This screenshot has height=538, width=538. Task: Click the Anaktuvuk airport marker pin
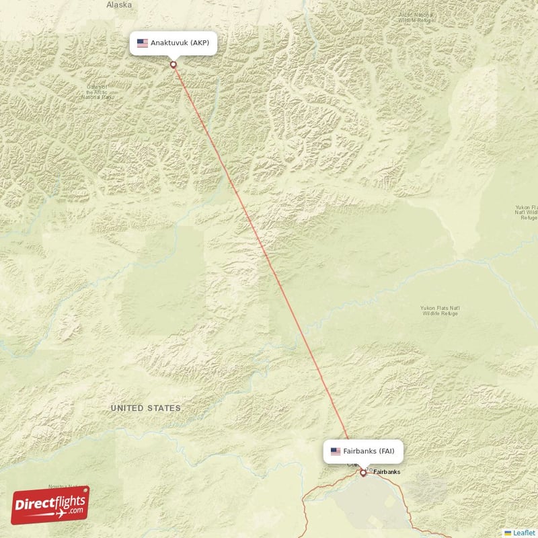[x=174, y=65]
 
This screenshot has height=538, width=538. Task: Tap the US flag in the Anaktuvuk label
[x=142, y=43]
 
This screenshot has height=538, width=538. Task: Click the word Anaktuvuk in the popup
[x=169, y=43]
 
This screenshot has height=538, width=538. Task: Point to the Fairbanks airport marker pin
[x=363, y=473]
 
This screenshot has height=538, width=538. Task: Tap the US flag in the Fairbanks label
[x=336, y=451]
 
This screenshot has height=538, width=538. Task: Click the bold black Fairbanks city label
[x=387, y=472]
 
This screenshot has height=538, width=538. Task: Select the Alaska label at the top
[x=119, y=5]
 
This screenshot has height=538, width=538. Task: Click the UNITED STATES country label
[x=146, y=408]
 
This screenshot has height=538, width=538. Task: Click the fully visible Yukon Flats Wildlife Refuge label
[x=440, y=311]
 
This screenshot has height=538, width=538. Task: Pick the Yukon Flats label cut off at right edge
[x=525, y=212]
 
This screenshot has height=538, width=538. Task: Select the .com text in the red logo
[x=75, y=510]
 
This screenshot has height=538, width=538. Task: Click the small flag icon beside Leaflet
[x=508, y=533]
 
